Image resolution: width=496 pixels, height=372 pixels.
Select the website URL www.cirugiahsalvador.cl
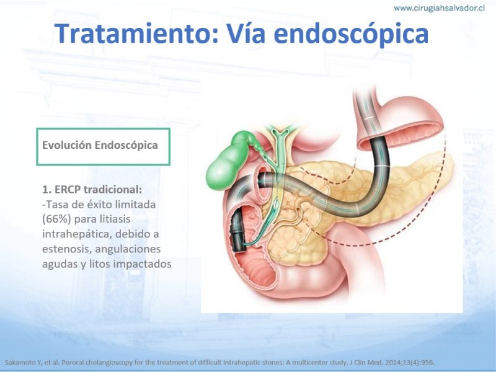439,8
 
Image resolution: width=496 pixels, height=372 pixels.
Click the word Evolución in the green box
67,145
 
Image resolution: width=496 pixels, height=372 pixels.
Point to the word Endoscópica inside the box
126,145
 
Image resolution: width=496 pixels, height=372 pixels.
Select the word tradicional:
113,190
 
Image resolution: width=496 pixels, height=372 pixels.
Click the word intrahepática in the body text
77,234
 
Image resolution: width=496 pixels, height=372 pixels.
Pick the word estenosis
67,249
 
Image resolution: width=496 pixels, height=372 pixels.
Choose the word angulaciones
128,249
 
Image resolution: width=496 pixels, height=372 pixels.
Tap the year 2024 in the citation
392,363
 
